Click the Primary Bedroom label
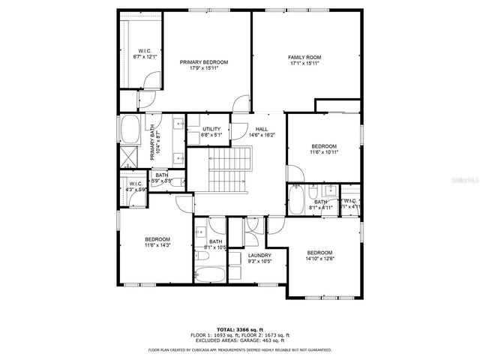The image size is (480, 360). (x=204, y=62)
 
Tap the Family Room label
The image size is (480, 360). (x=304, y=57)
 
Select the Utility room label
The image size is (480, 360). (x=211, y=129)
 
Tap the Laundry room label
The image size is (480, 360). (x=259, y=255)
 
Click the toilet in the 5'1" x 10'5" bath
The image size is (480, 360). (x=202, y=257)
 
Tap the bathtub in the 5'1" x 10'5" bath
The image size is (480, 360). (x=210, y=274)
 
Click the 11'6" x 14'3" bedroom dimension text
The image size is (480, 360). (x=157, y=245)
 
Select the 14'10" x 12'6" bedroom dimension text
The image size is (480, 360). (x=319, y=259)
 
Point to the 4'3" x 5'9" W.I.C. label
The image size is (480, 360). (x=136, y=190)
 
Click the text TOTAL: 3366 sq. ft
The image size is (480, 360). (x=240, y=329)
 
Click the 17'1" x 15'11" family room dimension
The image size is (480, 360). (x=304, y=64)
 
